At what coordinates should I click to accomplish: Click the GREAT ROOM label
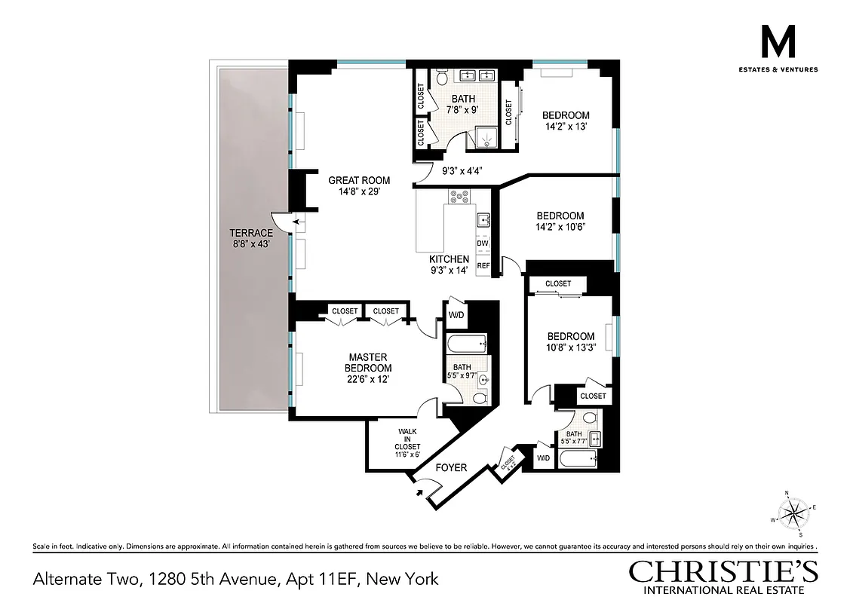(359, 180)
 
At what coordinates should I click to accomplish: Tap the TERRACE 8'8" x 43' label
(252, 238)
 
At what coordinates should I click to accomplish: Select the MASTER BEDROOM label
(368, 362)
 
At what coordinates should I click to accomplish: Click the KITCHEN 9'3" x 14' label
(450, 265)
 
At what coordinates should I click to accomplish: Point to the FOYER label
(451, 467)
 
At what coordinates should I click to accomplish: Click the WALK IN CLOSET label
(407, 443)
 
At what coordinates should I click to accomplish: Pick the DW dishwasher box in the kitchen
(483, 243)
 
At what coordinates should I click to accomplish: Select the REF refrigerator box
(483, 265)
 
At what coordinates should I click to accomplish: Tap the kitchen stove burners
(459, 197)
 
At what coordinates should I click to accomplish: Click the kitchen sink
(483, 220)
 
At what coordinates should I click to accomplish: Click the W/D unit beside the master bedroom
(457, 315)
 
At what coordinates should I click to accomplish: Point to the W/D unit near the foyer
(543, 458)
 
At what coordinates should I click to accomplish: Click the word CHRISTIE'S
(725, 571)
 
